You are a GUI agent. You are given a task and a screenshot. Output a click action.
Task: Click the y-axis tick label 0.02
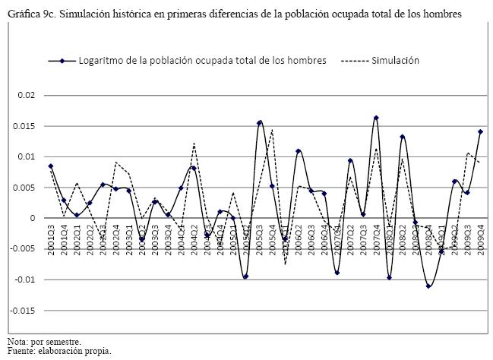tap(25, 96)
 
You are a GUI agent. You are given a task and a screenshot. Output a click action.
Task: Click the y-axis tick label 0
tap(32, 218)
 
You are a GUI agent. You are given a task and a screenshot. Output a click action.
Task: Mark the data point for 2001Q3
tap(51, 166)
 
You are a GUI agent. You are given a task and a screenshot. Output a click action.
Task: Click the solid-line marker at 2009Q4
tap(480, 131)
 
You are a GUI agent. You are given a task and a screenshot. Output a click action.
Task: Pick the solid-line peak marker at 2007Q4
tap(376, 118)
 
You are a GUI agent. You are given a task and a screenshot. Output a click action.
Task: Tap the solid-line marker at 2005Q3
tap(259, 122)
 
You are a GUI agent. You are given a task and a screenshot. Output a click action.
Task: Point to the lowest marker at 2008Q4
tap(428, 286)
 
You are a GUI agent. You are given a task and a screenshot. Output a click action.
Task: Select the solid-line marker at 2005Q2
tap(246, 276)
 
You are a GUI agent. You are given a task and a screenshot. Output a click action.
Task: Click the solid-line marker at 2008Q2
tap(403, 137)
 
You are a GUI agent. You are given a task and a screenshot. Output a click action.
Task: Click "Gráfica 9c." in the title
tap(31, 14)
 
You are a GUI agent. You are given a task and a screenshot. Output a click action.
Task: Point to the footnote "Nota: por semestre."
tap(44, 341)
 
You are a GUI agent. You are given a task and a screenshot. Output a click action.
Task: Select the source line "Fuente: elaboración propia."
tap(59, 351)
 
